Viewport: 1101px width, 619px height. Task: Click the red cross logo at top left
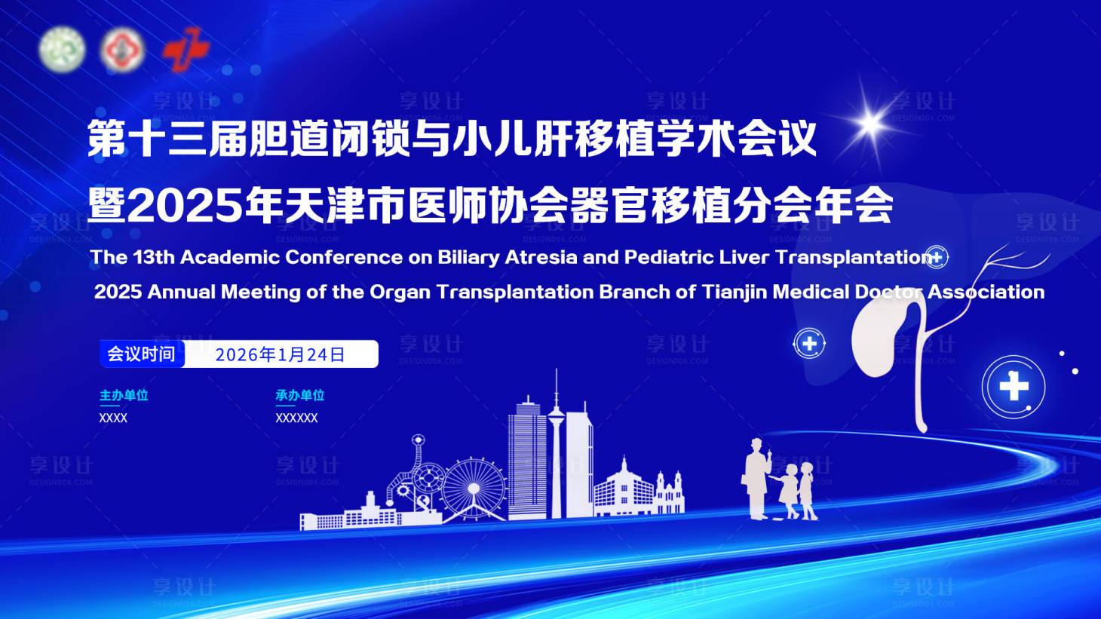[185, 50]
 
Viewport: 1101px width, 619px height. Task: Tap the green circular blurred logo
[62, 49]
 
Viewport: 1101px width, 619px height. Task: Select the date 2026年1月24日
[280, 354]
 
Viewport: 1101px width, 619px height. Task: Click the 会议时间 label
[142, 354]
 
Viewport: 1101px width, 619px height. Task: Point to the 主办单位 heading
[124, 395]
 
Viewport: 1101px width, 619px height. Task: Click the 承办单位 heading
[299, 395]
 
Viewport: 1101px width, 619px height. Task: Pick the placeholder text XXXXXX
[296, 418]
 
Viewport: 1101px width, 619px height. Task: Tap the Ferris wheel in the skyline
[473, 489]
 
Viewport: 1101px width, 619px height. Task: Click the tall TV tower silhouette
[557, 445]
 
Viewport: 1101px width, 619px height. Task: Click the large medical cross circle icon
[1014, 387]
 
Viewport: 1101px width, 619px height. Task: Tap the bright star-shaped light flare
[870, 123]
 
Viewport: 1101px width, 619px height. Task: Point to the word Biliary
[468, 257]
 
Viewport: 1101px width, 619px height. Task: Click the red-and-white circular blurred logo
[122, 50]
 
